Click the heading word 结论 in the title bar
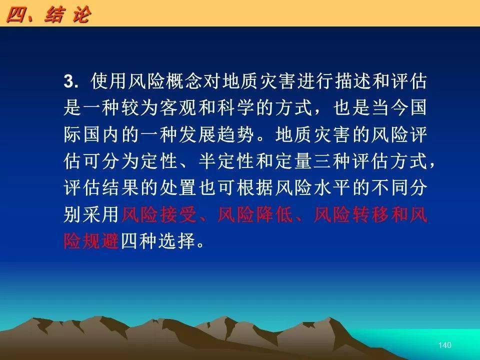(67, 14)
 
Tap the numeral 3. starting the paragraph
(71, 81)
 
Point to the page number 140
(445, 345)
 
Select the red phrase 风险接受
(159, 215)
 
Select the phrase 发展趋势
(216, 134)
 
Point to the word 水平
(331, 188)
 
